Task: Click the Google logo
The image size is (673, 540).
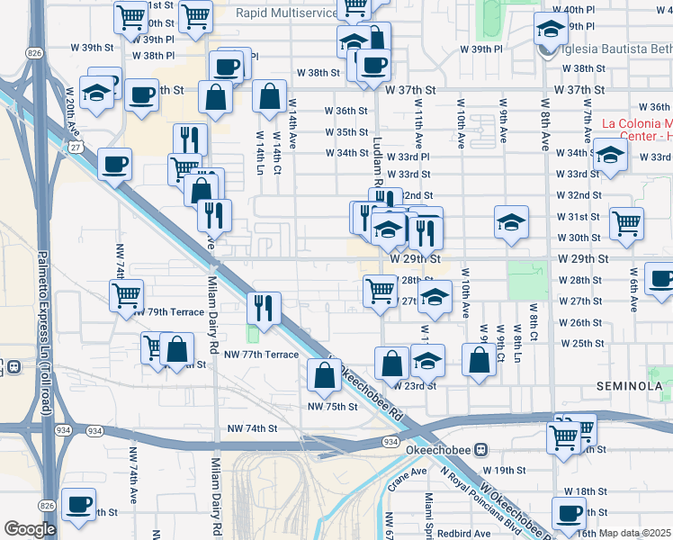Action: point(29,530)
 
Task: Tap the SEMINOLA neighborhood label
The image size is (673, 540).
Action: point(630,386)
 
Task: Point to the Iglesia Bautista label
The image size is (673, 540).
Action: point(615,49)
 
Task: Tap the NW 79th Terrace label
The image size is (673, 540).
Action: point(168,312)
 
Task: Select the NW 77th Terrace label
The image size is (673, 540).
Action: point(262,355)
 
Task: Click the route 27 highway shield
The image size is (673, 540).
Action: point(74,145)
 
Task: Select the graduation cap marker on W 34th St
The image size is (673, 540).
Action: point(610,157)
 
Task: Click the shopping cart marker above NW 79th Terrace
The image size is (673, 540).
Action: point(126,294)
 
